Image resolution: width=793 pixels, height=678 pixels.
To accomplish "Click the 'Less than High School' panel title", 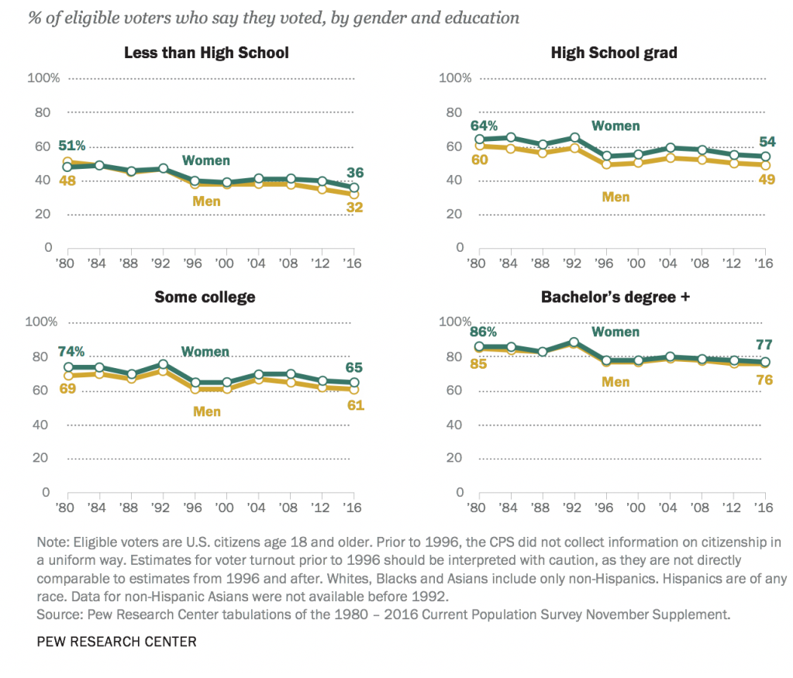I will (x=206, y=53).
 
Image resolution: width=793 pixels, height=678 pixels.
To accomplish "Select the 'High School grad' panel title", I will (x=614, y=53).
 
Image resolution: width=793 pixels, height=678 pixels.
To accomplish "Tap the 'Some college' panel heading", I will (x=205, y=297).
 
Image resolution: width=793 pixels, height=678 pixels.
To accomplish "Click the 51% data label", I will (x=71, y=146).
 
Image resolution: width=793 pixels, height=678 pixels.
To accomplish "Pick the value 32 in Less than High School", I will (x=355, y=208).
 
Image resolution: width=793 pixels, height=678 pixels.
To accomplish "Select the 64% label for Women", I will (x=484, y=126).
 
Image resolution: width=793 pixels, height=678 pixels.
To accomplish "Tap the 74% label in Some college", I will (x=71, y=351).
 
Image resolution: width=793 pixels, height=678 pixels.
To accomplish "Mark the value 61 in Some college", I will (x=355, y=404).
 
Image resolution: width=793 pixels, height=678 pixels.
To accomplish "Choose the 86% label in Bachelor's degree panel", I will (x=484, y=331).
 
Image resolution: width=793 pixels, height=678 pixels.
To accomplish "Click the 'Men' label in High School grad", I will (x=616, y=196).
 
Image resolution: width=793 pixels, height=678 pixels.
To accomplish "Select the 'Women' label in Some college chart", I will (x=205, y=351).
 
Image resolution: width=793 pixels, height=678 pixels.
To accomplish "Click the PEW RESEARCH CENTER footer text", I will (x=116, y=641).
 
